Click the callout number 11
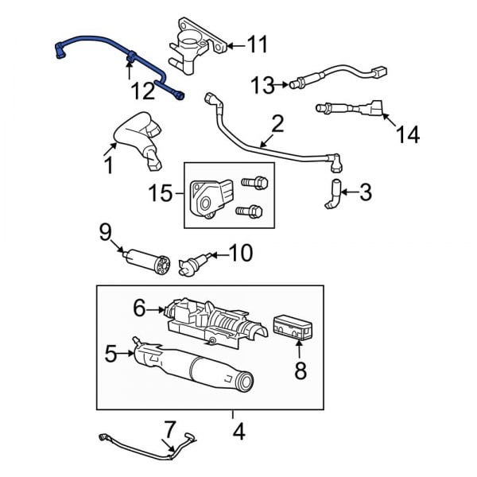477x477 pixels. [x=257, y=45]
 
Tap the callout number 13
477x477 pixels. [x=262, y=83]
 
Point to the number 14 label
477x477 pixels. [x=408, y=136]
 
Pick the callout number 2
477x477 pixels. [x=277, y=124]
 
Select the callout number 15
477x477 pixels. [x=161, y=192]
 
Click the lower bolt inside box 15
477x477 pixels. [x=251, y=211]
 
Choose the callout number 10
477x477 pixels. [x=240, y=254]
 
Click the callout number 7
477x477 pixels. [x=169, y=430]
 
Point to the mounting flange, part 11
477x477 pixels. [x=192, y=40]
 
